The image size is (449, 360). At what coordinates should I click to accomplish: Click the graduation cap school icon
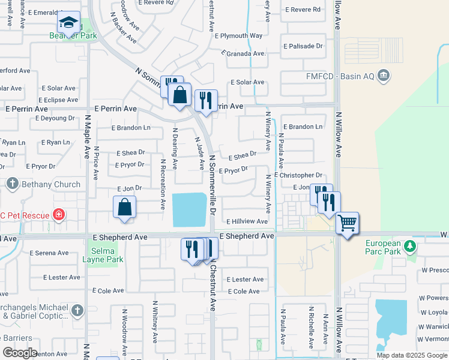click(x=68, y=23)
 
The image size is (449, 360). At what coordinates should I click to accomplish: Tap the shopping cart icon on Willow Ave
click(x=347, y=224)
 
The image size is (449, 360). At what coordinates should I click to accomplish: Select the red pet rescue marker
click(x=58, y=214)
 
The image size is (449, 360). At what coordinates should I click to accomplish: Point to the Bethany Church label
click(x=50, y=184)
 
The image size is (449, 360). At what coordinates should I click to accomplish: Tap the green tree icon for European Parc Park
click(x=410, y=246)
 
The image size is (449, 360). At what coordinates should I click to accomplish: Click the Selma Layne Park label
click(x=106, y=255)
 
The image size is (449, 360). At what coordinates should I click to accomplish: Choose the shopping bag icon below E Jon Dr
click(x=124, y=207)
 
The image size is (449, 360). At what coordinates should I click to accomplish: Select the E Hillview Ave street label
click(x=247, y=221)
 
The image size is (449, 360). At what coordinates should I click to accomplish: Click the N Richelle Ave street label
click(x=311, y=331)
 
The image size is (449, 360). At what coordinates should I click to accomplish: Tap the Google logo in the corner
click(x=20, y=353)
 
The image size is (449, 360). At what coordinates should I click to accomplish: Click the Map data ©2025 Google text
click(x=412, y=355)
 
